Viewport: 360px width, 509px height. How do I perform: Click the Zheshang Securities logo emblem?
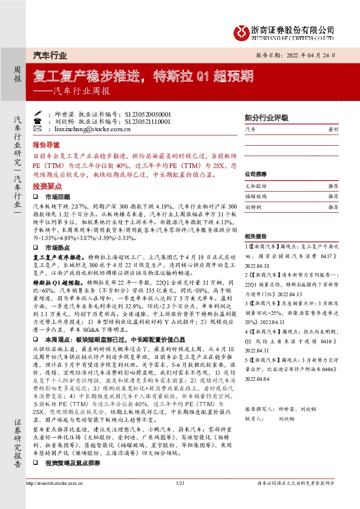click(241, 30)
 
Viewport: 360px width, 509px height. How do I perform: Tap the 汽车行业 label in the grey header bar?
click(50, 55)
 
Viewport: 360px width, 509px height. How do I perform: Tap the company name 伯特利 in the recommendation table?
click(254, 207)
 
